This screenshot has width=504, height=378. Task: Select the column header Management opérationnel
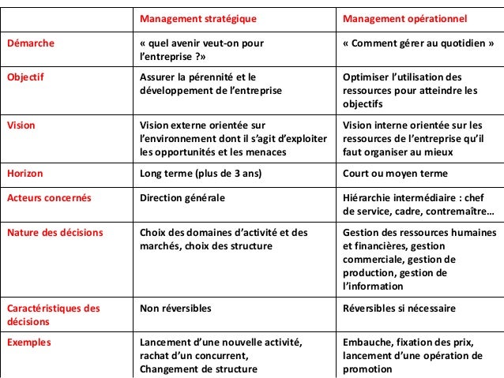click(x=405, y=17)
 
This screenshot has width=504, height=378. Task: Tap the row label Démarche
click(x=31, y=43)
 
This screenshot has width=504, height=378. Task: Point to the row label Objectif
click(x=27, y=77)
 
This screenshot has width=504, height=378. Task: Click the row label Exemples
click(x=29, y=342)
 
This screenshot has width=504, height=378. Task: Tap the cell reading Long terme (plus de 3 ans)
click(x=201, y=174)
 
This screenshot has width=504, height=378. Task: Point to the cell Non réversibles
click(x=174, y=307)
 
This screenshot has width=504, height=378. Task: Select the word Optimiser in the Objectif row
click(x=365, y=77)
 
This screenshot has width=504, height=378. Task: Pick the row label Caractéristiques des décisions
click(x=53, y=314)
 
